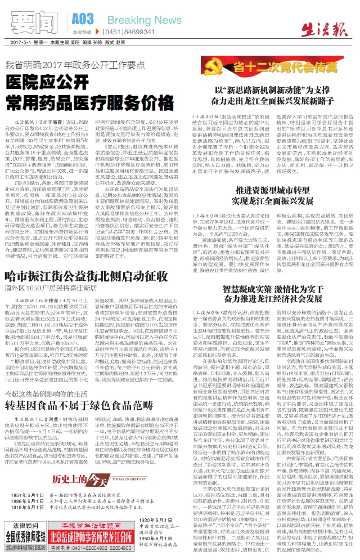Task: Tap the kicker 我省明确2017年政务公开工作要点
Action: pyautogui.click(x=82, y=64)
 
